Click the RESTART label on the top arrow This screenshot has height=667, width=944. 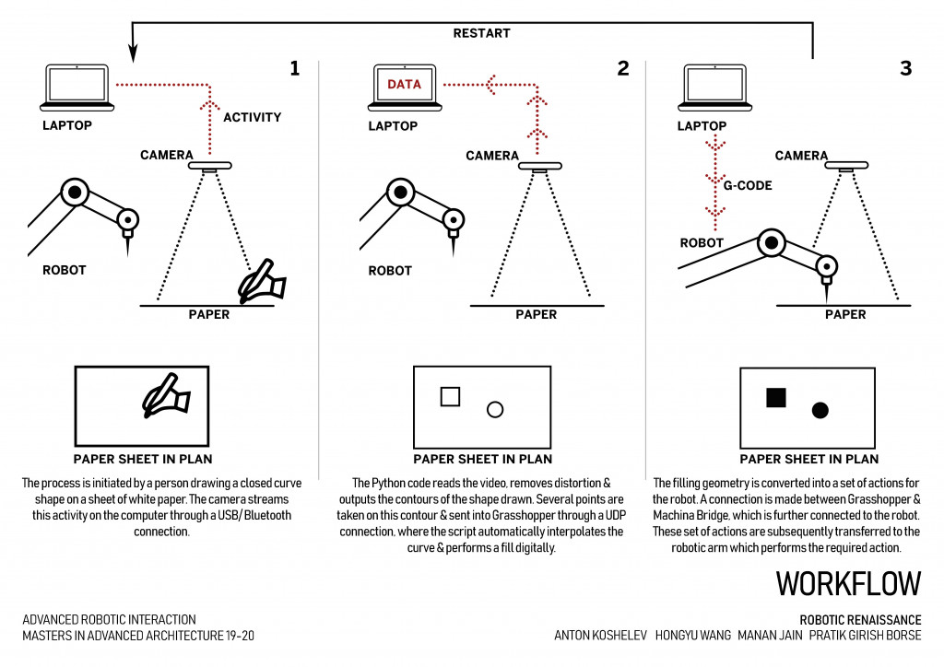click(x=481, y=33)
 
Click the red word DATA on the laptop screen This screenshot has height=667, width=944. click(x=404, y=85)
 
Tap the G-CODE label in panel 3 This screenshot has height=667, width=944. click(x=748, y=185)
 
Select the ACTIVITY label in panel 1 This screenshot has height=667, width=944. click(x=253, y=117)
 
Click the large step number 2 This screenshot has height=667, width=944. click(x=623, y=68)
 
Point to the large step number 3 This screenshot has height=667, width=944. click(x=905, y=68)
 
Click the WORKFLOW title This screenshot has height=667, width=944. click(x=848, y=584)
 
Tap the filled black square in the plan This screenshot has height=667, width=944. click(x=776, y=397)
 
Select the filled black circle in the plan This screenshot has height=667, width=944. click(x=820, y=410)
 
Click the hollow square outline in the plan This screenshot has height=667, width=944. click(x=450, y=396)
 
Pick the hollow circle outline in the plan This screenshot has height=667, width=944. click(x=495, y=409)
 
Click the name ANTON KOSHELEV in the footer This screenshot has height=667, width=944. click(x=599, y=636)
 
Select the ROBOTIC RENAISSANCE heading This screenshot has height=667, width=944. click(x=860, y=620)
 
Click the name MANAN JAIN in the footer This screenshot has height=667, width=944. click(x=770, y=636)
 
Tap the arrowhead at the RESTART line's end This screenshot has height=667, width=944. click(x=133, y=53)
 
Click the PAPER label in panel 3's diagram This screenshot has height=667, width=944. click(x=845, y=314)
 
